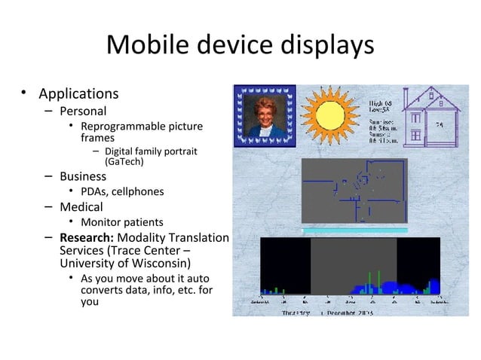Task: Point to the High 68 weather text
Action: pos(381,102)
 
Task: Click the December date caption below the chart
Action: pos(351,311)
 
